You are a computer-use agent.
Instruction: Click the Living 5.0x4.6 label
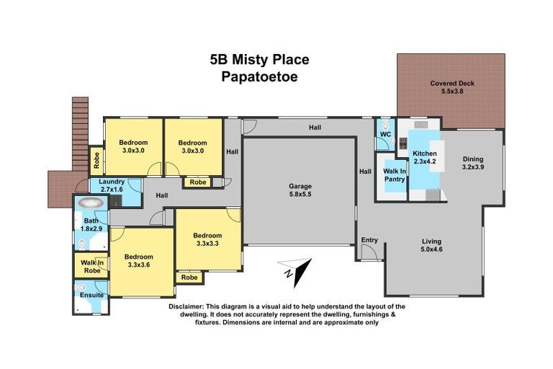(431, 246)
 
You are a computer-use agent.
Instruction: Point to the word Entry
(369, 240)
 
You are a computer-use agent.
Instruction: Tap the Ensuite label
(91, 295)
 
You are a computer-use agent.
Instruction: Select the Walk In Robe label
(91, 267)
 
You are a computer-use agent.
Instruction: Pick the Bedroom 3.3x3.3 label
(207, 239)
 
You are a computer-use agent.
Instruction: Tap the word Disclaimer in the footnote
(186, 306)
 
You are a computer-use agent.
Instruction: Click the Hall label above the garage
(315, 128)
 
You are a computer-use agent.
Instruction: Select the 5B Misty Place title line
(260, 59)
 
